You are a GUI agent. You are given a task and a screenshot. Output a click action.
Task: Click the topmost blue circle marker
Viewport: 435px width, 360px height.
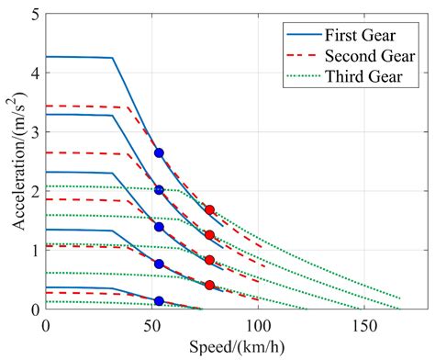click(x=159, y=152)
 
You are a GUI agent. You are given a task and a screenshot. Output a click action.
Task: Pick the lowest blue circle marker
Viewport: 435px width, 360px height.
click(x=159, y=300)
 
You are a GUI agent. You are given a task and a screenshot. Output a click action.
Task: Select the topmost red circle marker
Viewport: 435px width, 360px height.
click(x=210, y=210)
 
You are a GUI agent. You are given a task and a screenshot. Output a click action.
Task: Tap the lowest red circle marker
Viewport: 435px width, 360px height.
click(x=210, y=286)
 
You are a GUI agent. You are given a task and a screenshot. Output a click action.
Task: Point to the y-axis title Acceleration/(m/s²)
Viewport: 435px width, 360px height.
click(x=13, y=163)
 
